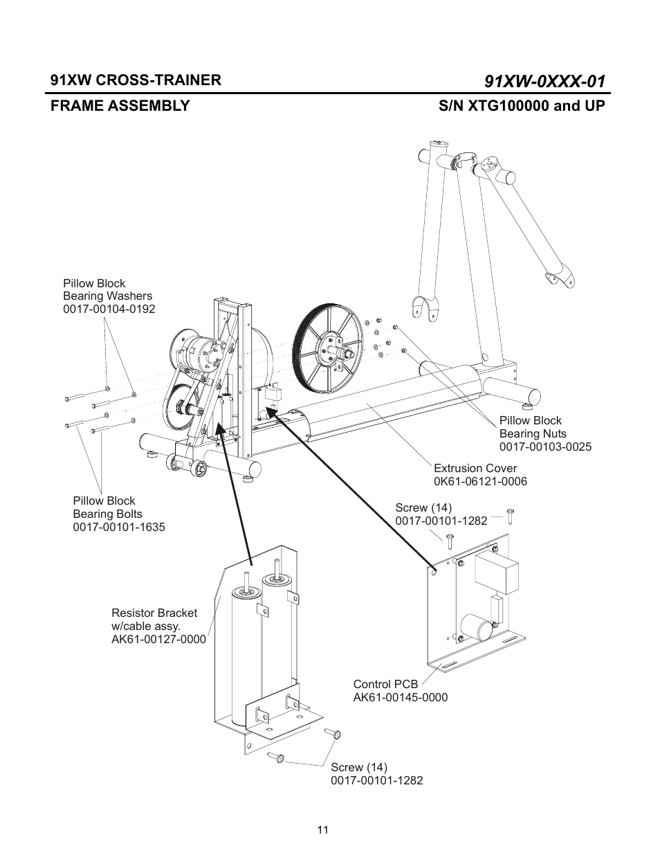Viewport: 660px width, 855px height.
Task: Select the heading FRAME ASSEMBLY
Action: (120, 106)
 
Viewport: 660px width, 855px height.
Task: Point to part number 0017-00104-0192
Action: (109, 309)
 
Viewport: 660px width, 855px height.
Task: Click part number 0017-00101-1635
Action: (119, 527)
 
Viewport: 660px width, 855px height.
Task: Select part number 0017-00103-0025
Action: (545, 447)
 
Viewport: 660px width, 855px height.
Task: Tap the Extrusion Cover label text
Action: (475, 468)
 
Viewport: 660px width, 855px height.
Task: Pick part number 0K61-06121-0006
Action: (480, 481)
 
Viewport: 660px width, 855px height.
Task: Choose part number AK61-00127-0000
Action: (158, 639)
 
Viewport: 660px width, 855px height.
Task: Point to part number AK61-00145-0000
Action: (400, 697)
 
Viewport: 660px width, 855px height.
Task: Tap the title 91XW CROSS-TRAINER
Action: (136, 80)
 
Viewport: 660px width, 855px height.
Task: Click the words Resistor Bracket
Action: (154, 613)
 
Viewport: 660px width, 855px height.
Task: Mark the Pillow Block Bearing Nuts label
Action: (532, 427)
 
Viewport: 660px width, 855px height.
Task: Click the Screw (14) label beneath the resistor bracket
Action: (358, 767)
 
